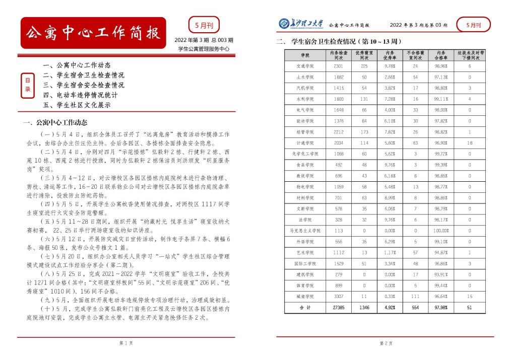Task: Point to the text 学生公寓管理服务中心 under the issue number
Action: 204,49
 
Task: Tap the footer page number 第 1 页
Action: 126,343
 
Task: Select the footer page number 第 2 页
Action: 386,343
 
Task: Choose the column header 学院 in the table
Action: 305,54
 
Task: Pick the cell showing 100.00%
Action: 441,230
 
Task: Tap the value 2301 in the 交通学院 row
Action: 339,66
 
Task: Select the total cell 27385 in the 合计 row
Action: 339,307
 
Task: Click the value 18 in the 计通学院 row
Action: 470,142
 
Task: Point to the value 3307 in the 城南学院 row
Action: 339,296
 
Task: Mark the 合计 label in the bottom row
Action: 305,307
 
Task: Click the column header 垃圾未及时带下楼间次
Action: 470,54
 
